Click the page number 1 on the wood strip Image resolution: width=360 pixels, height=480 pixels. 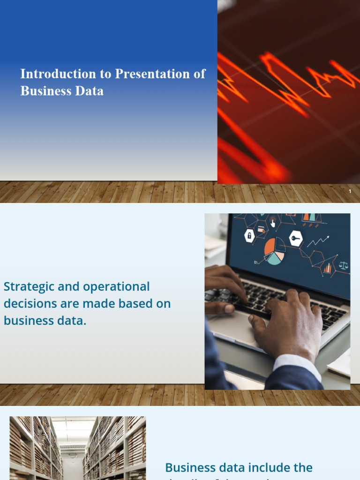[350, 192]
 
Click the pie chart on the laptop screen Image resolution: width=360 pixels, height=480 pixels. [275, 251]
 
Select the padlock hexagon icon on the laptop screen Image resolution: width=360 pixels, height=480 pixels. [250, 236]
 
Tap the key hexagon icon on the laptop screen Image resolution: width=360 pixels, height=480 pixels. [296, 238]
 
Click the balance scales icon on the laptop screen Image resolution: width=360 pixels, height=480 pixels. [344, 265]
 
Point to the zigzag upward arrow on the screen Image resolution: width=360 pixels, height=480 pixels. [318, 241]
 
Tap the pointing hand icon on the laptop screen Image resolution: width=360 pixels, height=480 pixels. [273, 223]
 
